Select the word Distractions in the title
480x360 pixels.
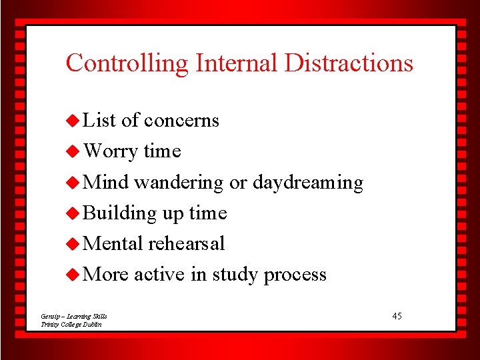pyautogui.click(x=349, y=63)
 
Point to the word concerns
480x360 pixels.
pyautogui.click(x=181, y=121)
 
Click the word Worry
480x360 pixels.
pyautogui.click(x=113, y=151)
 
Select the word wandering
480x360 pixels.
pyautogui.click(x=178, y=182)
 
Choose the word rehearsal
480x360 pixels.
pyautogui.click(x=186, y=243)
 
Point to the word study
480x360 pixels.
pyautogui.click(x=235, y=275)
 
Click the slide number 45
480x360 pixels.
pyautogui.click(x=397, y=315)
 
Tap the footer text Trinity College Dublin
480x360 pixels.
pyautogui.click(x=71, y=324)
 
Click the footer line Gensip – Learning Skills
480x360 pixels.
pyautogui.click(x=73, y=316)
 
